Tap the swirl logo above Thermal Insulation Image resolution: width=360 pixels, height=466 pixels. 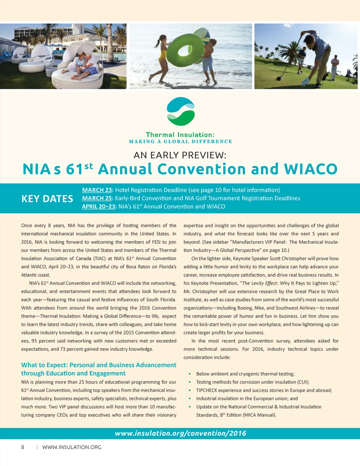[180, 111]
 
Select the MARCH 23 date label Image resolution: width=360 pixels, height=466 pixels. [97, 190]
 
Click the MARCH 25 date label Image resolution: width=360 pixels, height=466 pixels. [97, 198]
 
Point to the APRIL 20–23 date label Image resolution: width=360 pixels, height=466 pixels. [98, 206]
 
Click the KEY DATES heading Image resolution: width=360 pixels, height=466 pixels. [47, 199]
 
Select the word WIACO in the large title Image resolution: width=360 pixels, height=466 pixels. [310, 169]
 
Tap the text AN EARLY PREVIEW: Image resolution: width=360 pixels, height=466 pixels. [180, 155]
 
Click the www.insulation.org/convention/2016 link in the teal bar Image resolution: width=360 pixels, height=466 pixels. [180, 433]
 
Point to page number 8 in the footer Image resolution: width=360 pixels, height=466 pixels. [23, 447]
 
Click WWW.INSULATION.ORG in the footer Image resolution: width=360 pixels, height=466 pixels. [72, 447]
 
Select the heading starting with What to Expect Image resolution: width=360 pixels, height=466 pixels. [98, 369]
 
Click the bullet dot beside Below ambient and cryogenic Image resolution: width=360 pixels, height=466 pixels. [190, 374]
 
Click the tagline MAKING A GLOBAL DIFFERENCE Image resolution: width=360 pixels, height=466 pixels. [180, 142]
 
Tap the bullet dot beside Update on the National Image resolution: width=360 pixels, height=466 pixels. [190, 407]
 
